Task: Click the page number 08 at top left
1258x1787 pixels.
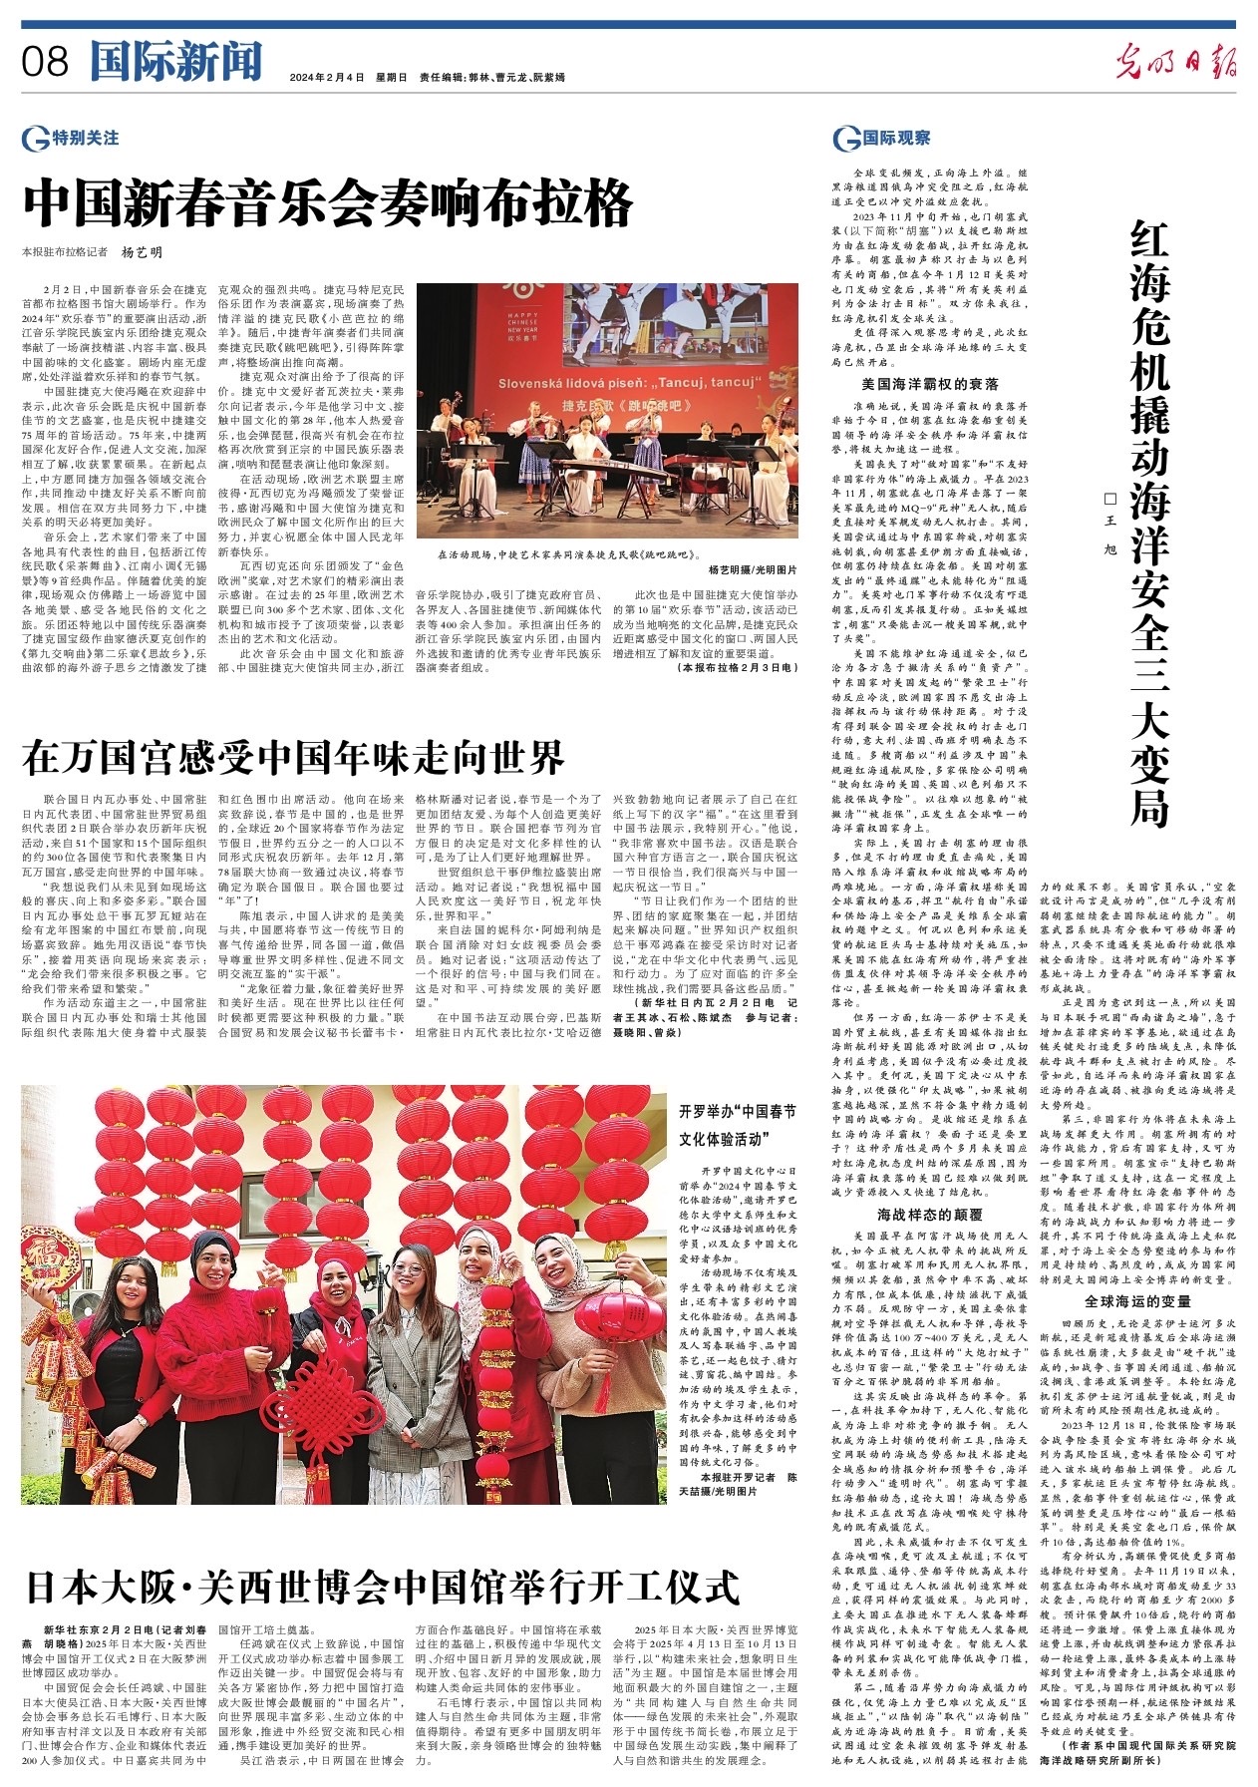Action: coord(45,62)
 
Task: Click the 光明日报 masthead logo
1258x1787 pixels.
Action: coord(1175,63)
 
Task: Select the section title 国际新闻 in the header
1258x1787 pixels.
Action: coord(175,62)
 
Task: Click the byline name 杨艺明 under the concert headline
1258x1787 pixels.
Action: coord(142,253)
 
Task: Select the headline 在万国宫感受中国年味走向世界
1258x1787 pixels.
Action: coord(294,758)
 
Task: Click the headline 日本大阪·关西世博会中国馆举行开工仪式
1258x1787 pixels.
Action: coord(382,1585)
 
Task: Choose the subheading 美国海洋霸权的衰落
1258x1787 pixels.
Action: coord(929,383)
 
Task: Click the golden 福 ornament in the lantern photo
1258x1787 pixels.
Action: coord(46,1255)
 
